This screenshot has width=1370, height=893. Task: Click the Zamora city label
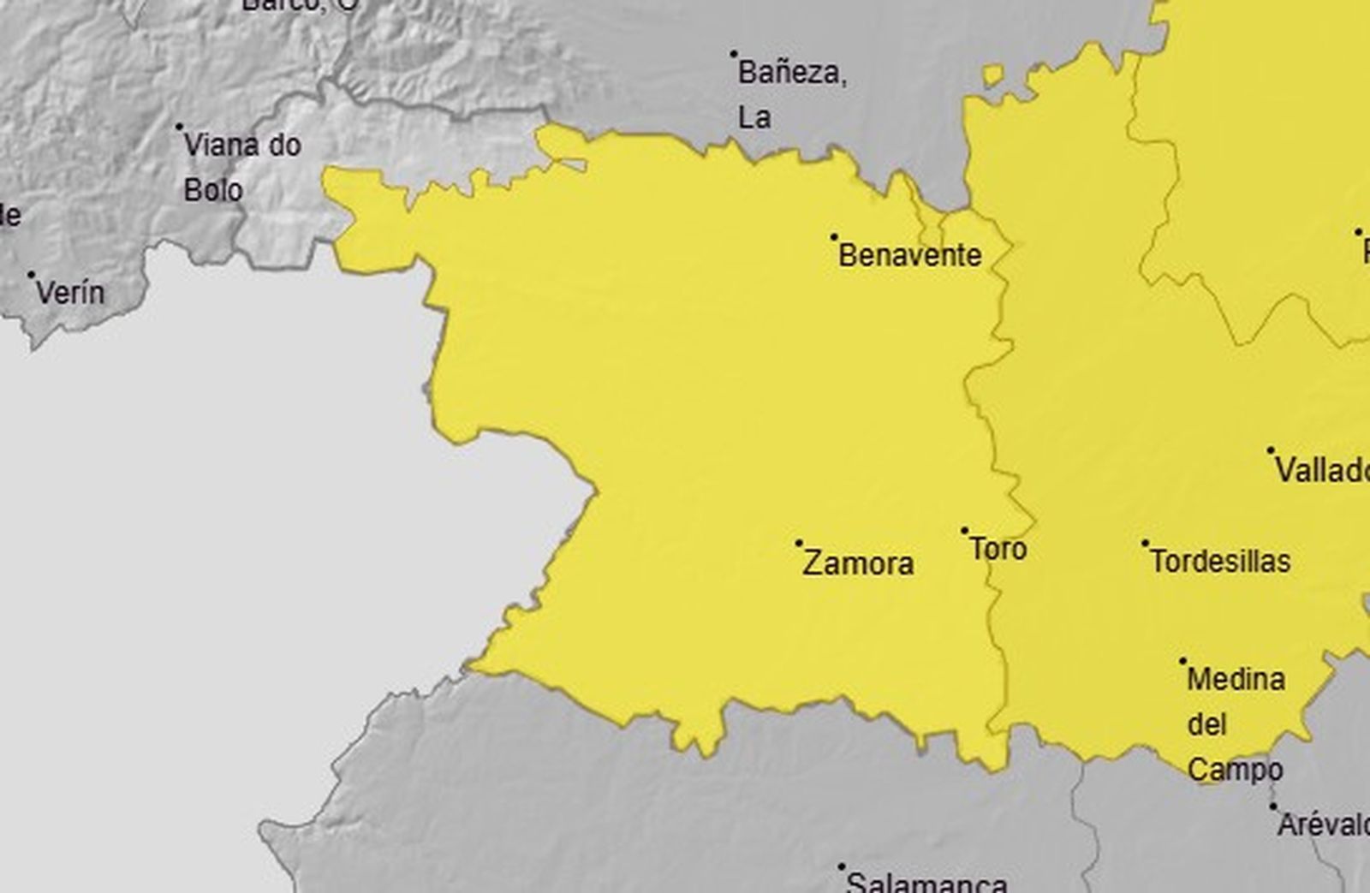tap(858, 563)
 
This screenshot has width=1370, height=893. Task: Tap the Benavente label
tap(909, 255)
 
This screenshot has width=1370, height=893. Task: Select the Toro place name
tap(998, 549)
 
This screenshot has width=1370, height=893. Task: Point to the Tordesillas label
tap(1220, 562)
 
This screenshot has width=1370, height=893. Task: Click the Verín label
tap(70, 293)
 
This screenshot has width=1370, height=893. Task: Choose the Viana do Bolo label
tap(241, 167)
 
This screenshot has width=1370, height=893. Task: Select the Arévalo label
tap(1323, 825)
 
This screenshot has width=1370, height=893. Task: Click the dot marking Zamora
tap(799, 543)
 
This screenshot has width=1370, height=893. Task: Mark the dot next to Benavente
tap(834, 236)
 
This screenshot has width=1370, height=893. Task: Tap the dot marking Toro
tap(964, 531)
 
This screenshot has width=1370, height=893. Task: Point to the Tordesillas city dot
tap(1146, 543)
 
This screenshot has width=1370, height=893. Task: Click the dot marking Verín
tap(32, 275)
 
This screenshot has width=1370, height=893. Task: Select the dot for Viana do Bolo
tap(180, 127)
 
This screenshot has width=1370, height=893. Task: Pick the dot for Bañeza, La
tap(734, 54)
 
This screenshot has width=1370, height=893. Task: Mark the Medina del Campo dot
tap(1183, 661)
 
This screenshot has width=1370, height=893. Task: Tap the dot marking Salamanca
tap(842, 866)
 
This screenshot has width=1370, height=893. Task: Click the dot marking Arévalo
tap(1273, 807)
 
